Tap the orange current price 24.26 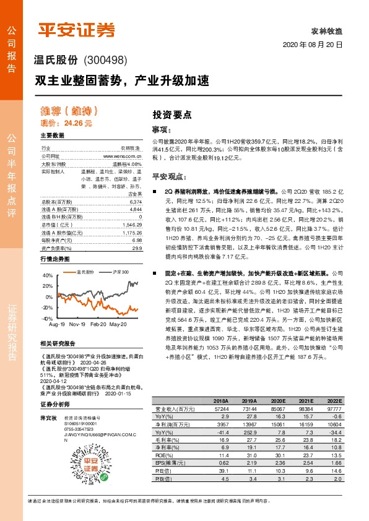(81, 124)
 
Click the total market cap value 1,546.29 (132, 225)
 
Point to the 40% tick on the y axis (48, 274)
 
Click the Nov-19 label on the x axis (77, 323)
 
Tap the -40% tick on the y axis (48, 317)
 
